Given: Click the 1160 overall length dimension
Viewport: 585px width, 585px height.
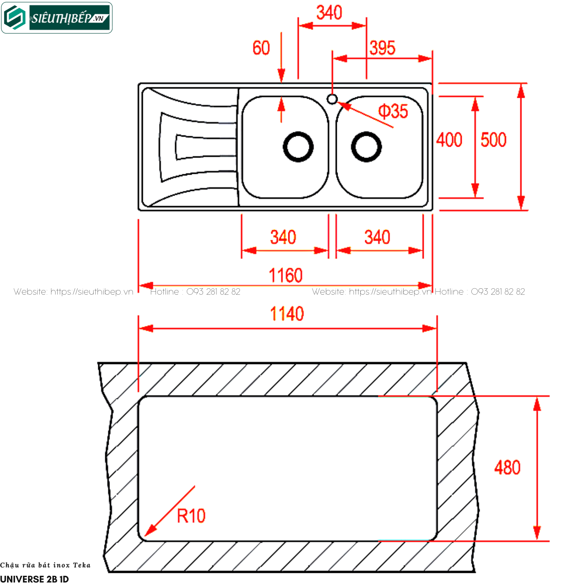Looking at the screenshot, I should (285, 276).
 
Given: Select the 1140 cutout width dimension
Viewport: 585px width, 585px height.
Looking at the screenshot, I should (287, 314).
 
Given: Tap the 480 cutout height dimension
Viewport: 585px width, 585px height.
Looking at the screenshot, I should (507, 468).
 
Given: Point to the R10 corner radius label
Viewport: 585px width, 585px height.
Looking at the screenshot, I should (191, 516).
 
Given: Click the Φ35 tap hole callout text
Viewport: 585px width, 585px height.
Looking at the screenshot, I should (393, 112).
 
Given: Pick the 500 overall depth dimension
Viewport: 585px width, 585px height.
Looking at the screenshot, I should (493, 140).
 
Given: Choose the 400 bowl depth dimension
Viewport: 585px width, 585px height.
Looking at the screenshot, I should (449, 140).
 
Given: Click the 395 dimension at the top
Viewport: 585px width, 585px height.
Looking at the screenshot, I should (382, 48).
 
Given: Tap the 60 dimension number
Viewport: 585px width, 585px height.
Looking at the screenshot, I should (261, 48).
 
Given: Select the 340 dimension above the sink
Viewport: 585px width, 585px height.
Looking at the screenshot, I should (329, 13).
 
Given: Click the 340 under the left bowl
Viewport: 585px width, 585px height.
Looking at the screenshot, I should (283, 237).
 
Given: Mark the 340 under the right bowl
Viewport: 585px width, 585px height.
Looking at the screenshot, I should (377, 237).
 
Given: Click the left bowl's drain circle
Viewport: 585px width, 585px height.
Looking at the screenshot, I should (298, 147).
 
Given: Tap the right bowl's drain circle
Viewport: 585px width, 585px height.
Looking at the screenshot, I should (366, 147).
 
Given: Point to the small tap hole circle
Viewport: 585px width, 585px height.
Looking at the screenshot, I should (332, 99).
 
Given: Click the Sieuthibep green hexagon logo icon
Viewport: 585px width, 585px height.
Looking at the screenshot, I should (15, 18).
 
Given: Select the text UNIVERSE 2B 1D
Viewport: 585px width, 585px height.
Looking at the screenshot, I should (34, 579).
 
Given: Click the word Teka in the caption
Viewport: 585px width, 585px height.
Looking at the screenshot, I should (82, 565).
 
